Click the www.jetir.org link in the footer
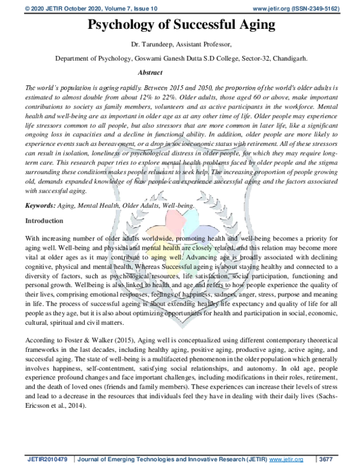tap(287, 459)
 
